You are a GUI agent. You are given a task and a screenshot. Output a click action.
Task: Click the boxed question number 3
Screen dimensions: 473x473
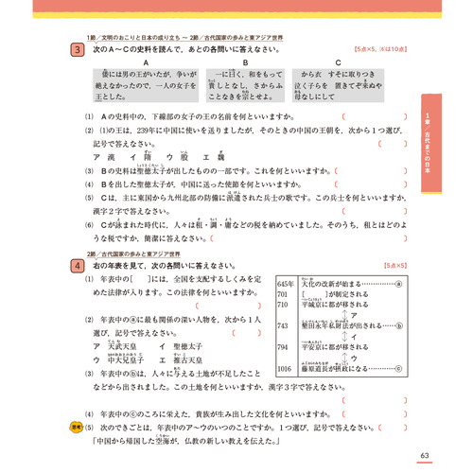[x=73, y=48]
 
